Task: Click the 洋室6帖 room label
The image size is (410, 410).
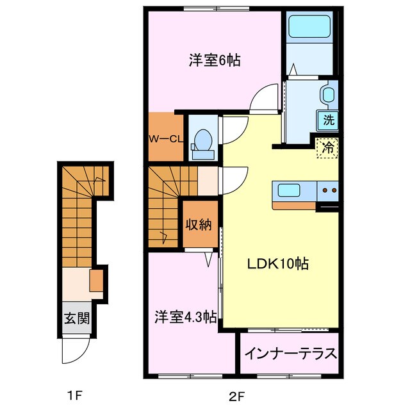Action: [214, 61]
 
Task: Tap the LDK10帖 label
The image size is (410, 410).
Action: [279, 263]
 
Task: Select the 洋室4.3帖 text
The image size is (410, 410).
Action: [184, 316]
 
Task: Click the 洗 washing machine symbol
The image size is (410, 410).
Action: [329, 119]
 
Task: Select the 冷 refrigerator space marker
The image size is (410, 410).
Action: [327, 147]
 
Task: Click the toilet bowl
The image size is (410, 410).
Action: [204, 140]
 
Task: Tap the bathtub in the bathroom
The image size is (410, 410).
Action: [309, 27]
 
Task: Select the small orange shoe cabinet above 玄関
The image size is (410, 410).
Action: [96, 280]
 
